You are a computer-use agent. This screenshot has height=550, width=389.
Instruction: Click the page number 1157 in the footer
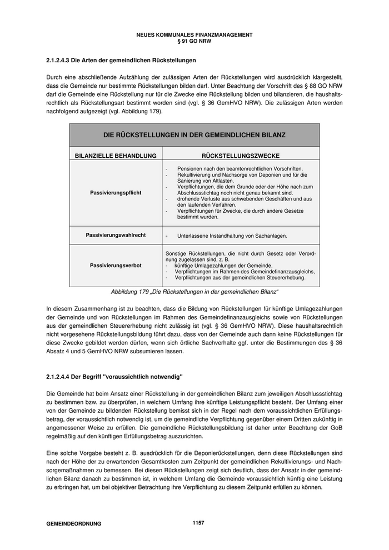tap(198, 522)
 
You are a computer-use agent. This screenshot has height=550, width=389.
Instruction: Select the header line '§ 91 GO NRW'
tap(194, 41)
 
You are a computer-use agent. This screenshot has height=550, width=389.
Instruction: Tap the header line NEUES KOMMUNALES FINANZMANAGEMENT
tap(194, 34)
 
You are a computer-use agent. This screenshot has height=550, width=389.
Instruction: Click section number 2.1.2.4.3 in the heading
tap(59, 59)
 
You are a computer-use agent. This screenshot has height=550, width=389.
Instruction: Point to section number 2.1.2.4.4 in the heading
tap(59, 378)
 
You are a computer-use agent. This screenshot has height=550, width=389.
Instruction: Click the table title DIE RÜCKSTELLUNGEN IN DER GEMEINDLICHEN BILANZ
tap(194, 135)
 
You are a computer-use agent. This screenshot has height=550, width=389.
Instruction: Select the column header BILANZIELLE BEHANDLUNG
tap(116, 156)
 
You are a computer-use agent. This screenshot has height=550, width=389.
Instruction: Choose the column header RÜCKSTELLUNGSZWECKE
tap(241, 156)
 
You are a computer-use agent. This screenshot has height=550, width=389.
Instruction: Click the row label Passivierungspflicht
tap(116, 193)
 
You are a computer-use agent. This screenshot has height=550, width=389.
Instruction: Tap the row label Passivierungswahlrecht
tap(116, 235)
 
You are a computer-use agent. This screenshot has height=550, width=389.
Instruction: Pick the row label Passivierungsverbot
tap(116, 266)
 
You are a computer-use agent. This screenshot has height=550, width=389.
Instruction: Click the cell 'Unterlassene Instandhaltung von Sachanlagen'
tap(231, 236)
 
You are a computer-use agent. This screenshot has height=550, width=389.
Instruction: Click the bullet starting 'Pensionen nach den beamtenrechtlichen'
tap(240, 168)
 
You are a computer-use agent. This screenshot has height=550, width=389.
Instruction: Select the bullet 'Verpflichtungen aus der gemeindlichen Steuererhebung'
tap(240, 278)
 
